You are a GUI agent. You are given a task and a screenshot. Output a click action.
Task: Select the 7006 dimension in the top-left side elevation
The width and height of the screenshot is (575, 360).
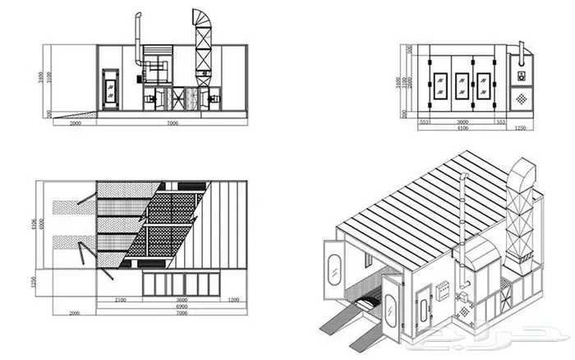click(171, 122)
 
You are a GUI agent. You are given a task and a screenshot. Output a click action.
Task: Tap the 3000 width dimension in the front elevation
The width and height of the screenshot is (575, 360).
click(463, 120)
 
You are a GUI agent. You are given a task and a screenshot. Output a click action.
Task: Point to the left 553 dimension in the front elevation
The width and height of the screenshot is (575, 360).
click(425, 120)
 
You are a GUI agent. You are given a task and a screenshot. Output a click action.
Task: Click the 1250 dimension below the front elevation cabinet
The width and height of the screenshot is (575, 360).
click(519, 128)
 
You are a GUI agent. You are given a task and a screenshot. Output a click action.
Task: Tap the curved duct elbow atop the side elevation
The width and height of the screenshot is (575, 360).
click(203, 18)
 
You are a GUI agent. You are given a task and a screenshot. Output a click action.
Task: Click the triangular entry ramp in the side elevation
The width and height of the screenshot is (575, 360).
click(74, 112)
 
